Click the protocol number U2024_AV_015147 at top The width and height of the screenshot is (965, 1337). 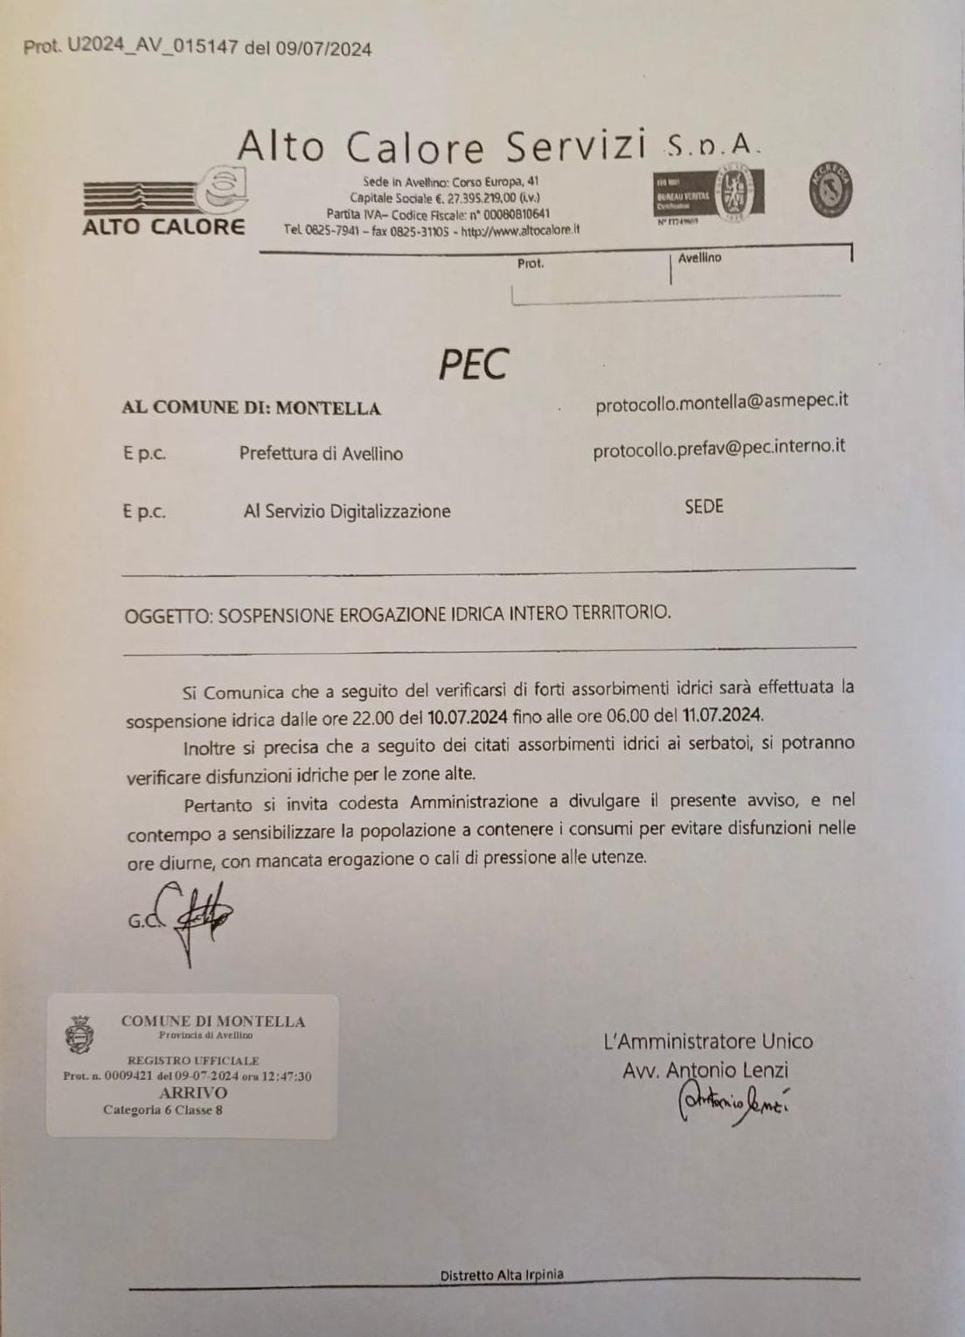pyautogui.click(x=152, y=48)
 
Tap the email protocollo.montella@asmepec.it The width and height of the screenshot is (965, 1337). pyautogui.click(x=721, y=402)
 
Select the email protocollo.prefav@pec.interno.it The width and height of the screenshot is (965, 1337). pyautogui.click(x=719, y=448)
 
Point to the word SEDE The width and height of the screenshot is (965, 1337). pyautogui.click(x=704, y=506)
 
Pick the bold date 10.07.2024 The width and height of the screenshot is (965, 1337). pyautogui.click(x=468, y=717)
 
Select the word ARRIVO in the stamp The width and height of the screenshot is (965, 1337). pyautogui.click(x=192, y=1092)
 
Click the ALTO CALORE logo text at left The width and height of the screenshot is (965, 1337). pyautogui.click(x=163, y=227)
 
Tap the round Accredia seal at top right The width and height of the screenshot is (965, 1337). pyautogui.click(x=830, y=190)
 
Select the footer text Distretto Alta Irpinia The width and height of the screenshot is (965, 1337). pyautogui.click(x=502, y=1275)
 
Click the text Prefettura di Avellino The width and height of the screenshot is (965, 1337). pyautogui.click(x=321, y=454)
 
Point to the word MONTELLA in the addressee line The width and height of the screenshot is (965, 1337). pyautogui.click(x=330, y=408)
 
